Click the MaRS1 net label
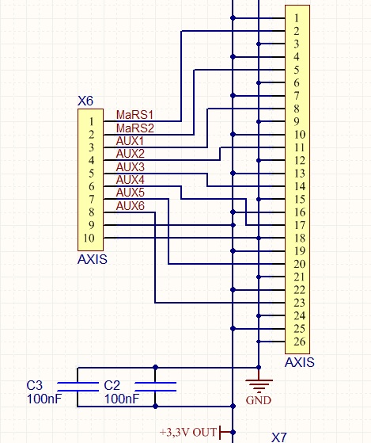(134, 115)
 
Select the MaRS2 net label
(135, 128)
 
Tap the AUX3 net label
(131, 167)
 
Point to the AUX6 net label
(131, 206)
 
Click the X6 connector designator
(85, 101)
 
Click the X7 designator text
(279, 437)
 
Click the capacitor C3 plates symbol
(78, 387)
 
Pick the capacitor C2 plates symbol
(155, 387)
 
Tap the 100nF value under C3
(44, 399)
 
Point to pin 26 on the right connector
(299, 342)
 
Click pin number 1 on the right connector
(297, 18)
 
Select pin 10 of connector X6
(89, 238)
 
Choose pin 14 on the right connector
(299, 186)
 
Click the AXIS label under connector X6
(93, 259)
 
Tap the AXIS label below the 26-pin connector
(299, 362)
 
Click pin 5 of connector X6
(91, 174)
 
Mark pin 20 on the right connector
(299, 264)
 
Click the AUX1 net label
(130, 141)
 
